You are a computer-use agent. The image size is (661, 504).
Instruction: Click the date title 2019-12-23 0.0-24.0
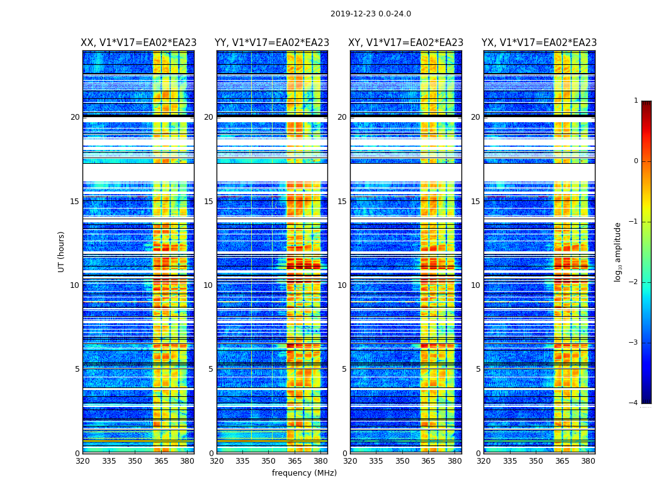[370, 14]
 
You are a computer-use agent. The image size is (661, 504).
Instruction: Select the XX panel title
[138, 43]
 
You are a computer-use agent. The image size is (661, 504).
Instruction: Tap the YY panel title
[272, 43]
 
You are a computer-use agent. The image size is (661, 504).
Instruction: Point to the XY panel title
[406, 43]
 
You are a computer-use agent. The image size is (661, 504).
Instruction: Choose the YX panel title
[539, 43]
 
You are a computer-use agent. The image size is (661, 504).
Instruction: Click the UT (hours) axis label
[62, 251]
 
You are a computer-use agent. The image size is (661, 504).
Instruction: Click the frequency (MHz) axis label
[304, 473]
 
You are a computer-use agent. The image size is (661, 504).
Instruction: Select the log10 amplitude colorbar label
[618, 251]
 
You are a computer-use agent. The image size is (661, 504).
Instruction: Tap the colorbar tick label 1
[636, 101]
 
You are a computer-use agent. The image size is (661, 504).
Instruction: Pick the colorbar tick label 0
[636, 161]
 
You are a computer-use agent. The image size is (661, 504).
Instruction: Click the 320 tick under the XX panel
[82, 461]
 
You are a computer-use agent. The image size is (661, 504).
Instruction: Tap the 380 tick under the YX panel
[588, 461]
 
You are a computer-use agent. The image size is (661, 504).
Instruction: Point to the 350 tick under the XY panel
[402, 461]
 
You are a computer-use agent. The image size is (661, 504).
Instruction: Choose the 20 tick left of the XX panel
[75, 117]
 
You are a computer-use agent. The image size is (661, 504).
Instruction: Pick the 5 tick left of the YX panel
[478, 369]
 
